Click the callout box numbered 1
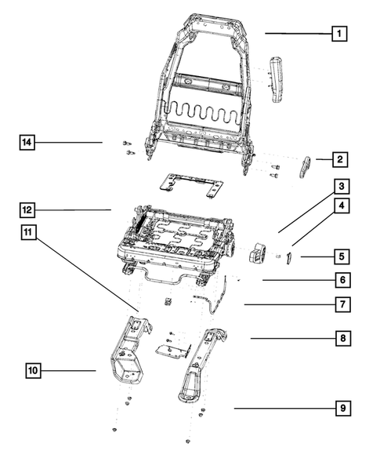point(338,34)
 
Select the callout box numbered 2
point(338,160)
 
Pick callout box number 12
point(27,210)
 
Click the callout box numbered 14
point(27,142)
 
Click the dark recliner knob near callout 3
point(258,252)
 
